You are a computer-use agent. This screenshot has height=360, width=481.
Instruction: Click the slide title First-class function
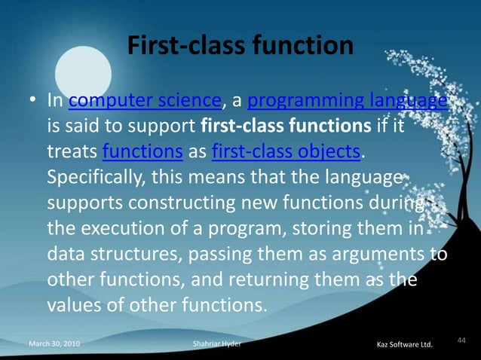click(x=240, y=46)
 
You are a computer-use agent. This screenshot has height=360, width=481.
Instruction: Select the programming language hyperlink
click(x=348, y=100)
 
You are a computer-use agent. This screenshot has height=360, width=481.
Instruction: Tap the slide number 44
click(x=461, y=340)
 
